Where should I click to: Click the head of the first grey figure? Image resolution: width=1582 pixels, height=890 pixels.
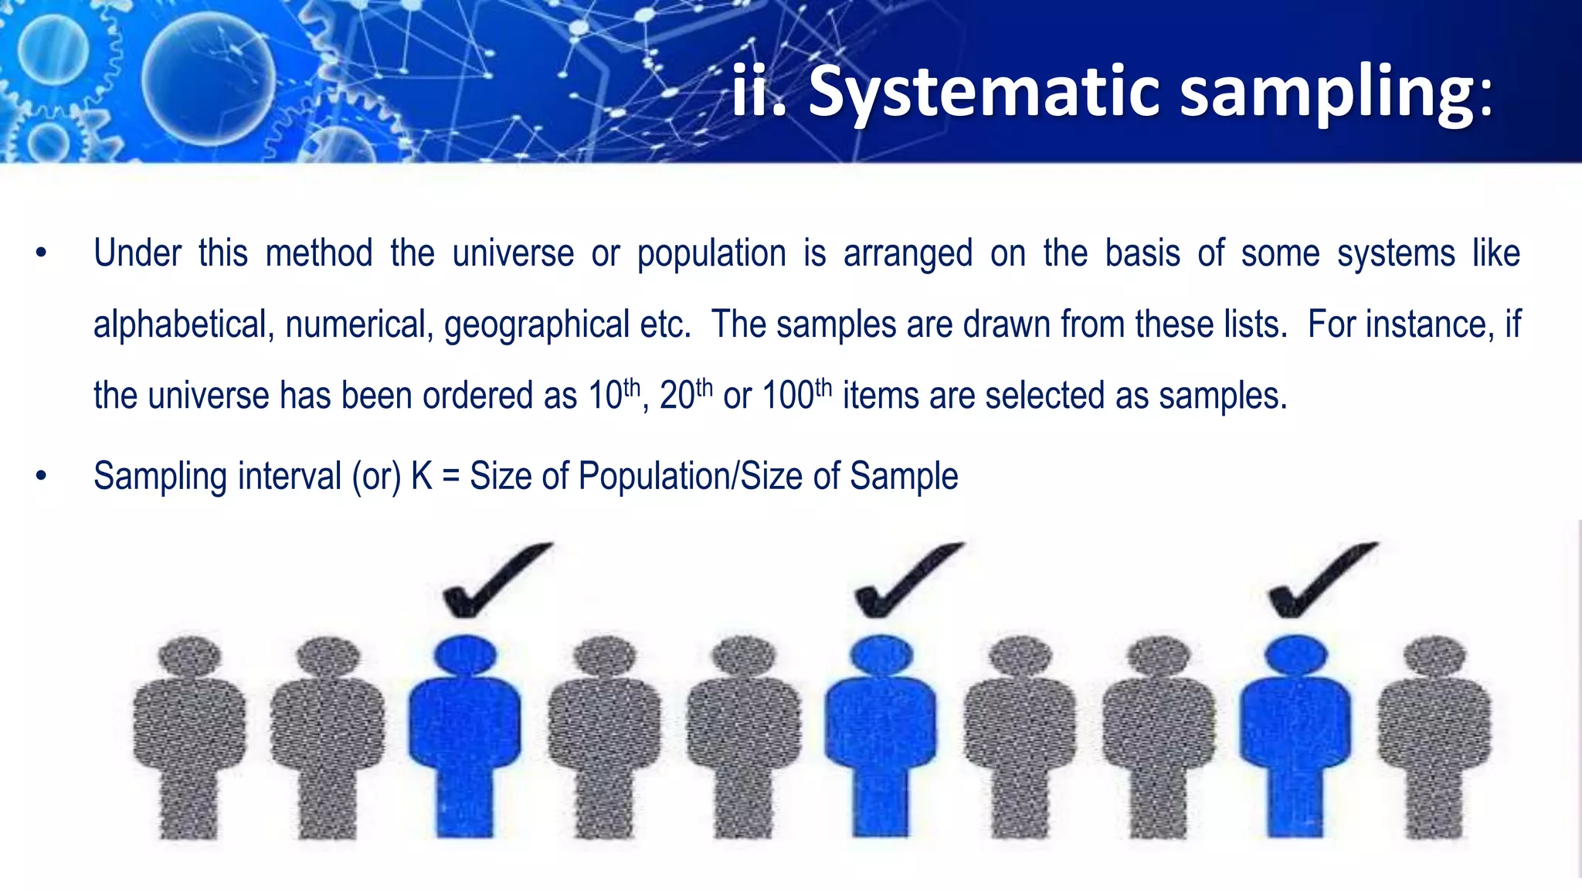[x=189, y=657]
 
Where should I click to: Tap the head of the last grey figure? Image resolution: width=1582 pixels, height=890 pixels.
[x=1434, y=657]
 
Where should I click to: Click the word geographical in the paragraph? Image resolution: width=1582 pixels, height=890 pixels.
[x=536, y=324]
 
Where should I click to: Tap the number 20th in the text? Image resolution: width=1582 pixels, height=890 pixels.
[x=685, y=395]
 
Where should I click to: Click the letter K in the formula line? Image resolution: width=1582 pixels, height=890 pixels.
[x=422, y=476]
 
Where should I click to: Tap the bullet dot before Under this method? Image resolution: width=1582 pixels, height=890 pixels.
[x=42, y=253]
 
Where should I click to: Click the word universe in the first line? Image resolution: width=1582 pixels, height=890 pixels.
[x=513, y=253]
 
